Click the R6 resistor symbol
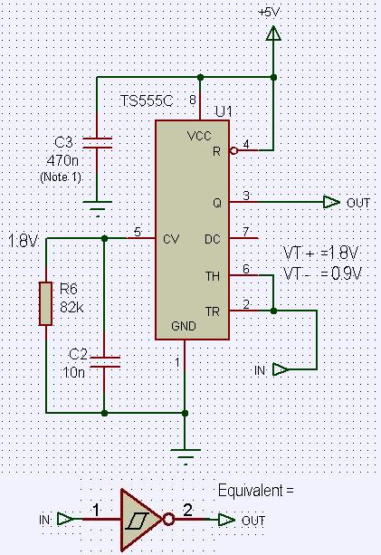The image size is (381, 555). [x=45, y=303]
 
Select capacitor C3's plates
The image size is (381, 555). [x=97, y=143]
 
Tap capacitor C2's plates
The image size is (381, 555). [x=105, y=362]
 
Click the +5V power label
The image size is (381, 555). [x=269, y=13]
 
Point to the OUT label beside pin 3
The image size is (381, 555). [x=358, y=203]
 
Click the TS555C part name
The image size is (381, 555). [x=147, y=101]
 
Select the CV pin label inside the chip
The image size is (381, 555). [x=171, y=239]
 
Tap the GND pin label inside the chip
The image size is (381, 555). [x=183, y=326]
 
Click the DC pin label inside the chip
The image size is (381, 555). [x=213, y=239]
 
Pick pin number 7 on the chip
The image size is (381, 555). [x=246, y=232]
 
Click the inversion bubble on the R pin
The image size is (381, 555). [x=233, y=151]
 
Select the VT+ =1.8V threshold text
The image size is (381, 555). [x=321, y=254]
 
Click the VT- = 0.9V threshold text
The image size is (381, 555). [x=322, y=273]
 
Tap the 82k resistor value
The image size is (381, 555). [x=71, y=307]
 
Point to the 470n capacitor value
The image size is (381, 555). [x=62, y=160]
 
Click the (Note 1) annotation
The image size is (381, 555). [x=62, y=177]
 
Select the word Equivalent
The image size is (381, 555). [x=251, y=491]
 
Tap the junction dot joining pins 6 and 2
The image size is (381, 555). [x=273, y=311]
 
